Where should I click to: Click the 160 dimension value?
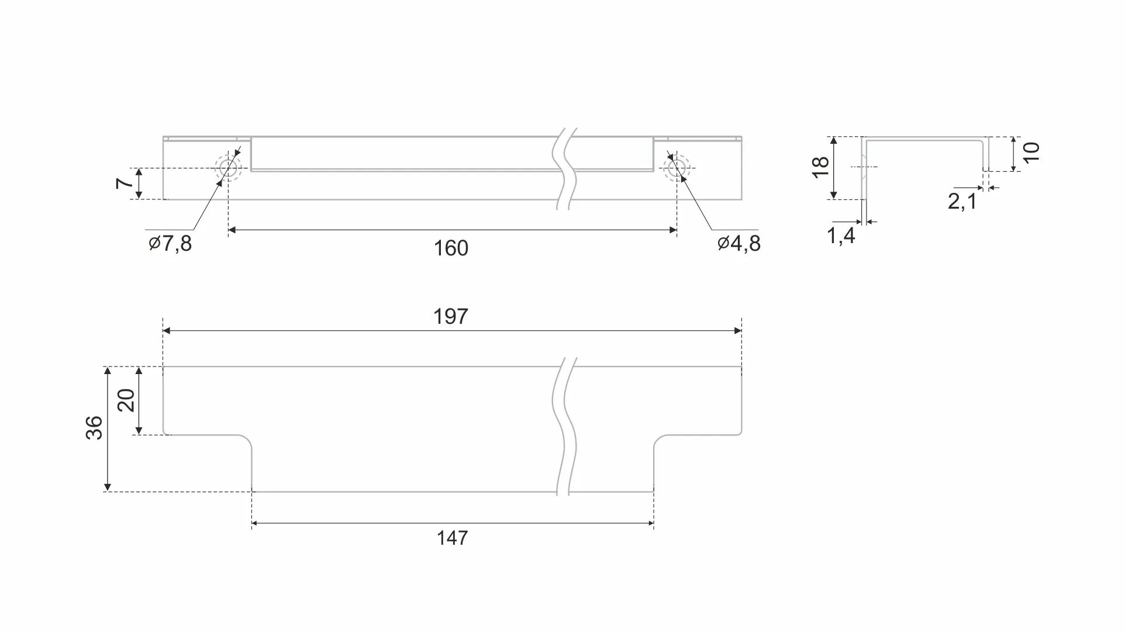pyautogui.click(x=451, y=248)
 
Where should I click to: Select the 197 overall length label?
pyautogui.click(x=451, y=317)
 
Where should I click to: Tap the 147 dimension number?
pyautogui.click(x=452, y=538)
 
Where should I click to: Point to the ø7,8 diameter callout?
pyautogui.click(x=170, y=243)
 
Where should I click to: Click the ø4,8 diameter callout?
pyautogui.click(x=739, y=243)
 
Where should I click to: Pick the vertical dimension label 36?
pyautogui.click(x=94, y=428)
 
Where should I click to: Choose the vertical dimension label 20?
pyautogui.click(x=126, y=400)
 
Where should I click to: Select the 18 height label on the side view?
pyautogui.click(x=821, y=168)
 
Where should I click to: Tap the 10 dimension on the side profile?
pyautogui.click(x=1032, y=153)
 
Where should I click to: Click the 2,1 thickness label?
pyautogui.click(x=962, y=202)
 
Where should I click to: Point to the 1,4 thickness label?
pyautogui.click(x=841, y=236)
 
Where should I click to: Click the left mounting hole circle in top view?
pyautogui.click(x=227, y=168)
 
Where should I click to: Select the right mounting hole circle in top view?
pyautogui.click(x=677, y=168)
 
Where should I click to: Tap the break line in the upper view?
pyautogui.click(x=564, y=170)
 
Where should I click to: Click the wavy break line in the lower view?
pyautogui.click(x=564, y=427)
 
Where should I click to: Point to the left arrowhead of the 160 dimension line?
pyautogui.click(x=232, y=230)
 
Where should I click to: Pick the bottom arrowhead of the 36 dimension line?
pyautogui.click(x=107, y=487)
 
